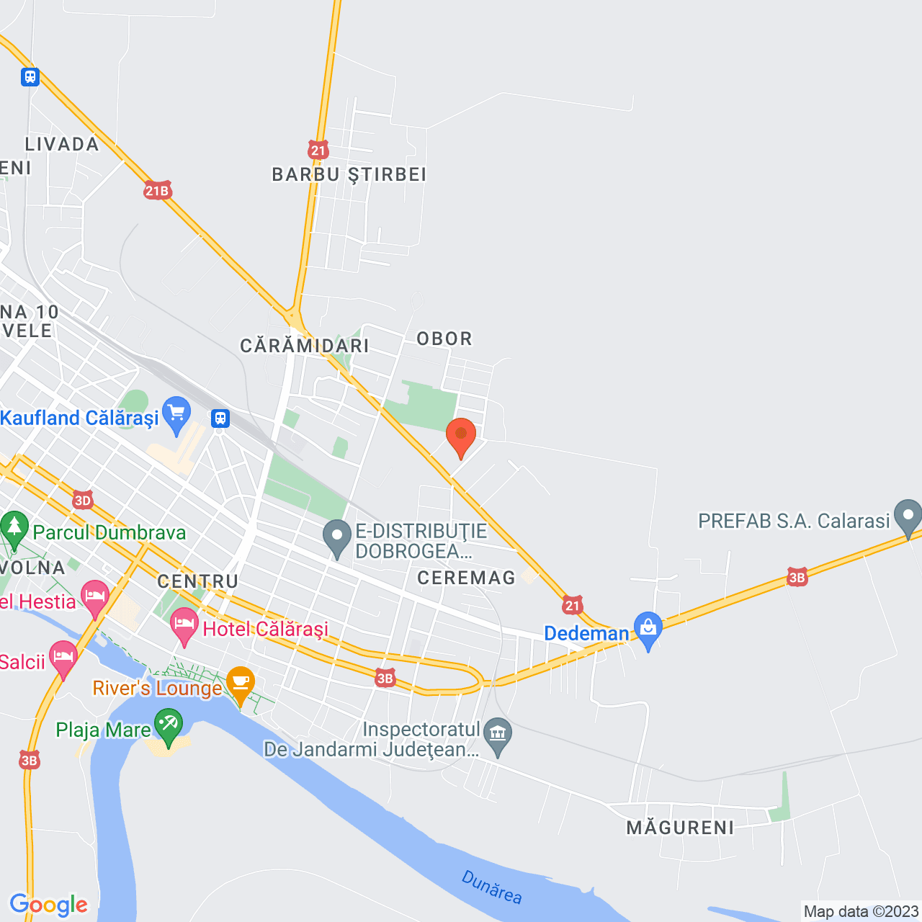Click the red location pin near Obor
point(461,435)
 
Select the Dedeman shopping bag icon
point(648,629)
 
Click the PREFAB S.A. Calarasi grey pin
point(908,516)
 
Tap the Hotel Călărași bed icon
point(184,625)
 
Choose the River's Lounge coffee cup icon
point(241,682)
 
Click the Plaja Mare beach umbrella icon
point(169,725)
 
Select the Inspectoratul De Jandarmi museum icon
point(498,735)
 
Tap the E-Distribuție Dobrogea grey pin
point(336,537)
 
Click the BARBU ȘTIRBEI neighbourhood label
point(349,174)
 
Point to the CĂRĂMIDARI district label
point(305,346)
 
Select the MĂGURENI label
point(681,828)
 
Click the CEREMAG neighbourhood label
point(467,578)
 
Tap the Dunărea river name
point(492,887)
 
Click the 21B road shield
point(157,191)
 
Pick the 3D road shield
point(83,500)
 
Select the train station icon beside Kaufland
point(220,419)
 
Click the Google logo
point(49,905)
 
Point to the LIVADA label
point(63,144)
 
